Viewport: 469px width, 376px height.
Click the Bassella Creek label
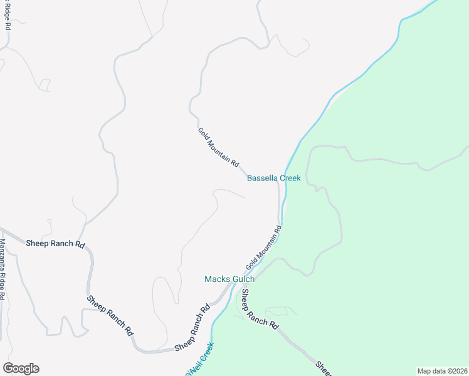[x=273, y=178]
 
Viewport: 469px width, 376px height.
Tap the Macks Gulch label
[x=229, y=279]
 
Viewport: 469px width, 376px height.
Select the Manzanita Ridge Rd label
[x=3, y=269]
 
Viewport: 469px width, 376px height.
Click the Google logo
[x=21, y=368]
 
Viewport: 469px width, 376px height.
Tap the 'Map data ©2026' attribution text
[x=442, y=371]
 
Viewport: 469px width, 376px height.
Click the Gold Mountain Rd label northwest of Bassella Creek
[x=219, y=147]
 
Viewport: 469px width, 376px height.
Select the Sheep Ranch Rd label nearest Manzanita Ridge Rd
[x=55, y=244]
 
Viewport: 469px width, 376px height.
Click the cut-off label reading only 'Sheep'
[x=324, y=367]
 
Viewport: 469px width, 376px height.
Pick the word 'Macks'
[x=216, y=279]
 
